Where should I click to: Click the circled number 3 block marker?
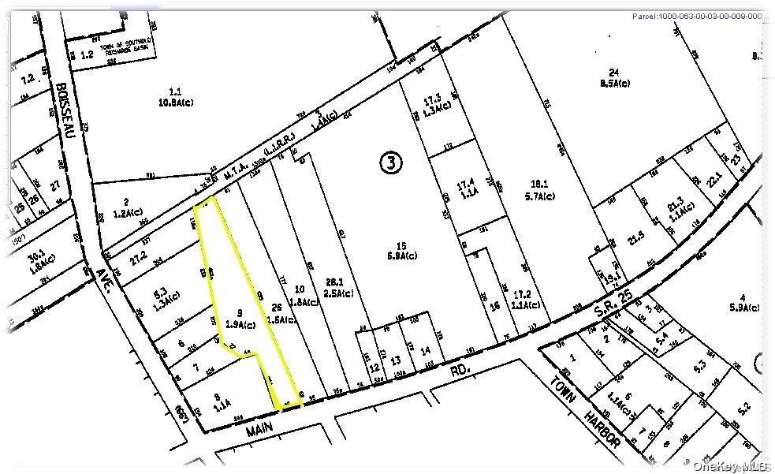[x=392, y=162]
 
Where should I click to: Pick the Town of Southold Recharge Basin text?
[x=121, y=50]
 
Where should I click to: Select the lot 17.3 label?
[x=430, y=103]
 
